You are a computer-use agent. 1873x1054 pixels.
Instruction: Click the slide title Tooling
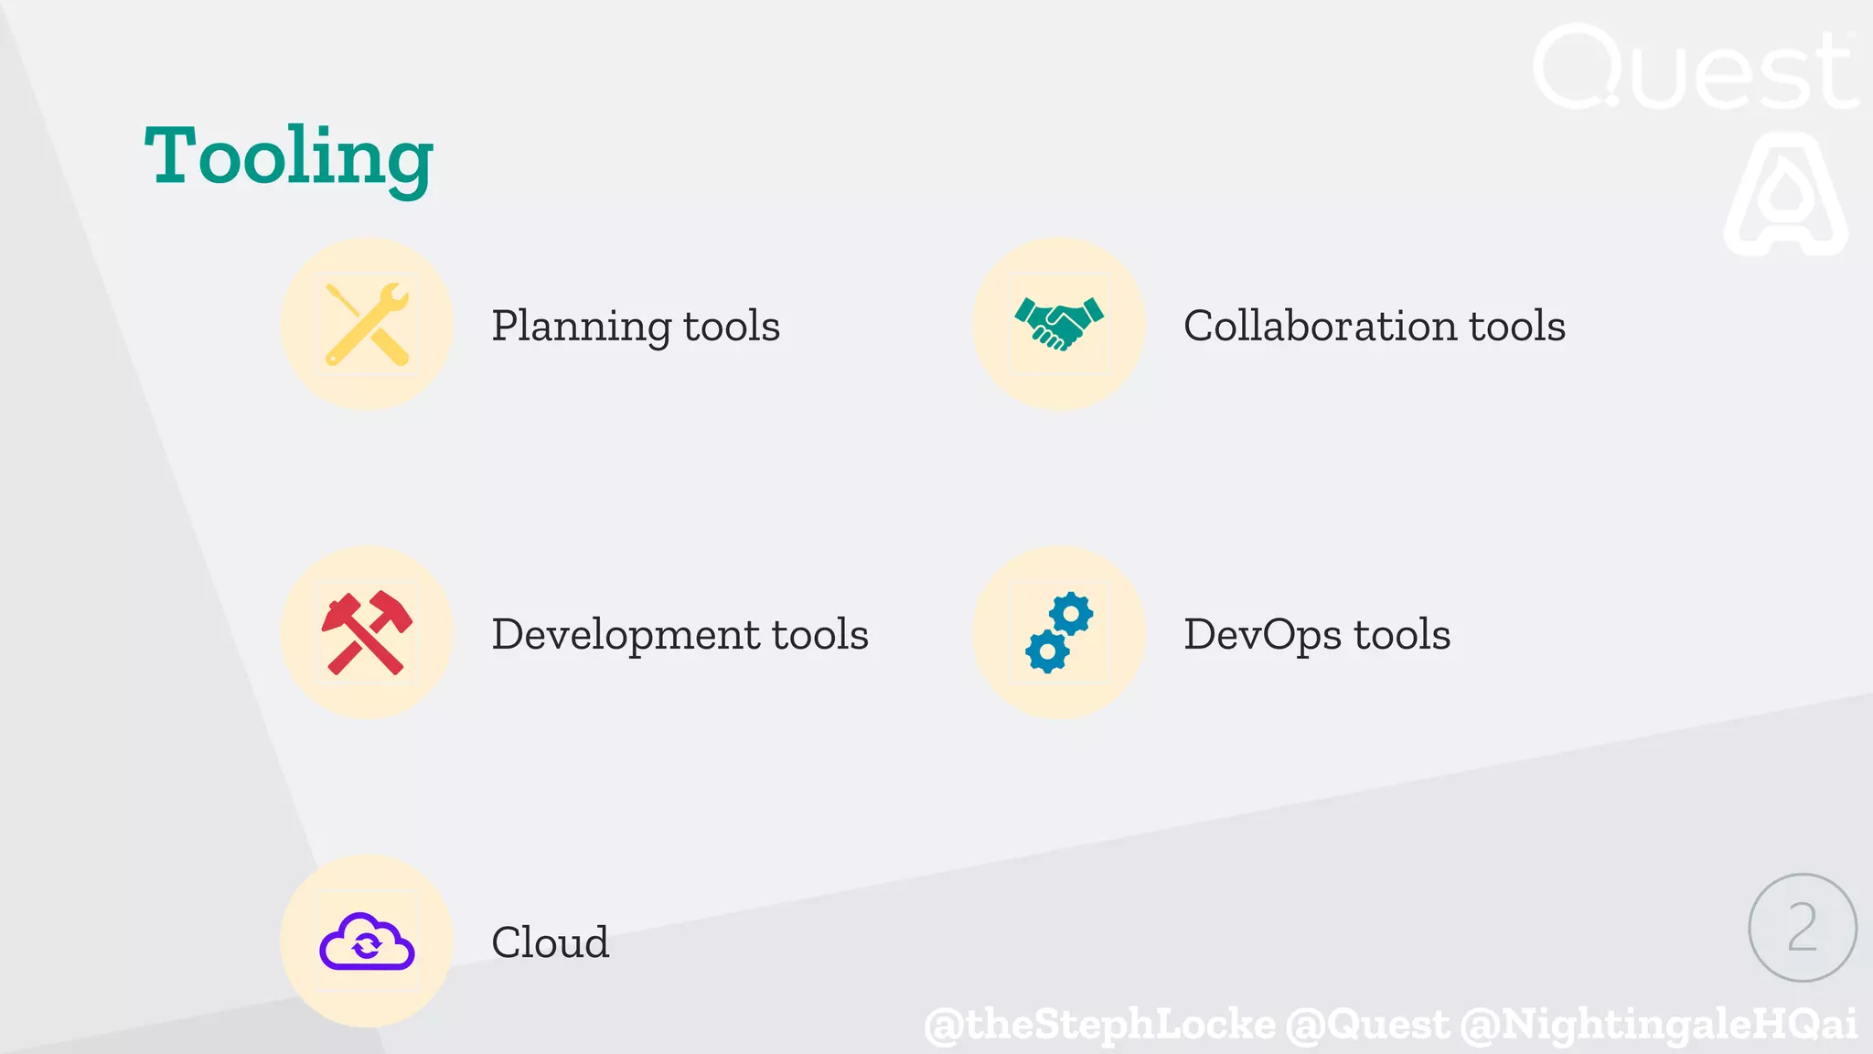coord(289,157)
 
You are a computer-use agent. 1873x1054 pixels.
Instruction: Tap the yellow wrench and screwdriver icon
coord(367,324)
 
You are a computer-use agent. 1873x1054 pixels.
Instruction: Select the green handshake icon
coord(1059,323)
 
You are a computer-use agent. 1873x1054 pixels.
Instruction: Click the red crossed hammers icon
coord(367,632)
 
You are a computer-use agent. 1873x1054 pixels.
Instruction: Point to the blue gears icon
coord(1059,632)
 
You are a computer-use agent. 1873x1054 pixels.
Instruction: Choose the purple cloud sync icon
coord(367,941)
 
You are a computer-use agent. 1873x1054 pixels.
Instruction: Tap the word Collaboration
coord(1320,326)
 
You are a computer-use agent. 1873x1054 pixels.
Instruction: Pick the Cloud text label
coord(550,942)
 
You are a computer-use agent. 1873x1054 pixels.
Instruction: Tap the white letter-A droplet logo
coord(1785,194)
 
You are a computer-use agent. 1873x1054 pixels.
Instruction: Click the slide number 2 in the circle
coord(1802,927)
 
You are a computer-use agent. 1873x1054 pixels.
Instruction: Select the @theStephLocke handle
coord(1099,1024)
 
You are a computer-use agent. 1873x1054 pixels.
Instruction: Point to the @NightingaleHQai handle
coord(1658,1024)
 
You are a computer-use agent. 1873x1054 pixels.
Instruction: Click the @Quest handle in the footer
coord(1367,1024)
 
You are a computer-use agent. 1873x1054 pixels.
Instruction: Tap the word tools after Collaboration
coord(1517,326)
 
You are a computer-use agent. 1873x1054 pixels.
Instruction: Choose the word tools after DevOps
coord(1402,635)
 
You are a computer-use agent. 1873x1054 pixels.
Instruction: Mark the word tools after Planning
coord(732,327)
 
